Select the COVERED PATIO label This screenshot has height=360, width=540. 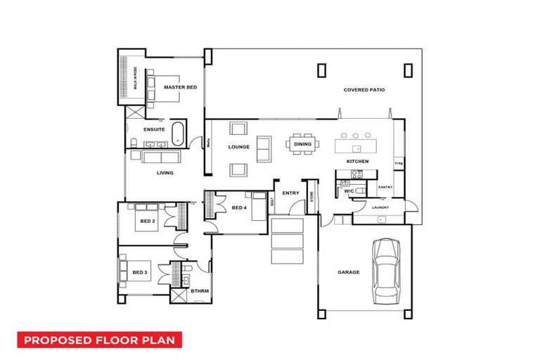pos(364,90)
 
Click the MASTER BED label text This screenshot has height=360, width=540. pos(180,87)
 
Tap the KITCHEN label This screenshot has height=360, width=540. pos(357,162)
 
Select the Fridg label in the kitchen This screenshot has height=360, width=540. pos(398,164)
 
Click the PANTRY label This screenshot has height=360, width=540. pos(385,187)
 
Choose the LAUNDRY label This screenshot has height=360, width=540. pos(380,207)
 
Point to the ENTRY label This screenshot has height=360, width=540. pos(290,193)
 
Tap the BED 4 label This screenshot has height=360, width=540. pos(238,207)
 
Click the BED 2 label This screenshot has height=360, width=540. pos(146,221)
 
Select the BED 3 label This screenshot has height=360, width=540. pos(139,272)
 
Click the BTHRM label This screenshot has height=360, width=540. pos(200,290)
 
